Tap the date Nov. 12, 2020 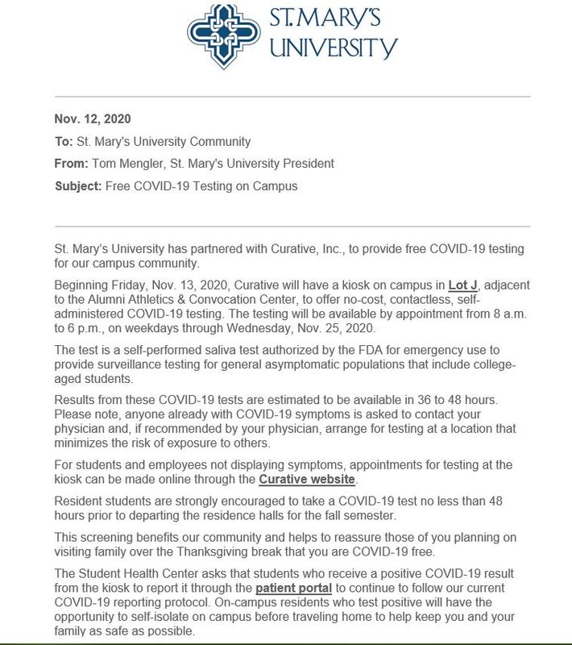point(91,119)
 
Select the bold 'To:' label point(64,141)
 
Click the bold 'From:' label point(72,164)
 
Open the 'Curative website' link point(307,480)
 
